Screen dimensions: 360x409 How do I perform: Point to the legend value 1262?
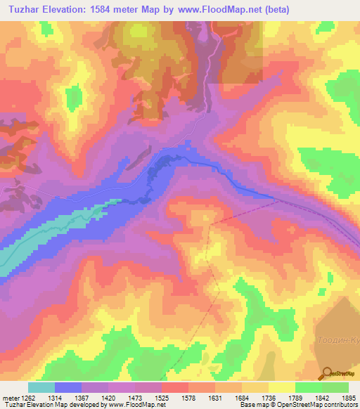[x=26, y=398]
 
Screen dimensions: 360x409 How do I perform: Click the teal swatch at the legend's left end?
[x=41, y=387]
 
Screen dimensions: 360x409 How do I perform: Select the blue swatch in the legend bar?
[x=68, y=387]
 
